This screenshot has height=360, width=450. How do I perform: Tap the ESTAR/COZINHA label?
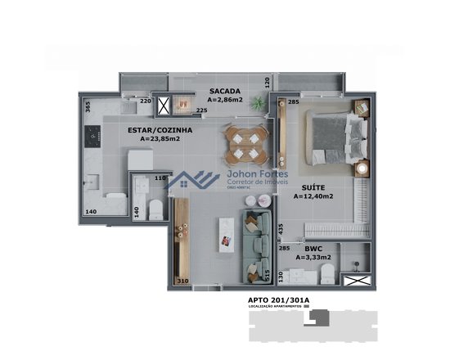pyautogui.click(x=160, y=129)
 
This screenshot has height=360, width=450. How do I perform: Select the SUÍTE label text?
pyautogui.click(x=310, y=187)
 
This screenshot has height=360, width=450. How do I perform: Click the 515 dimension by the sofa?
pyautogui.click(x=266, y=274)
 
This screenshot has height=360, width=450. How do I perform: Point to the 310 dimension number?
pyautogui.click(x=182, y=281)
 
